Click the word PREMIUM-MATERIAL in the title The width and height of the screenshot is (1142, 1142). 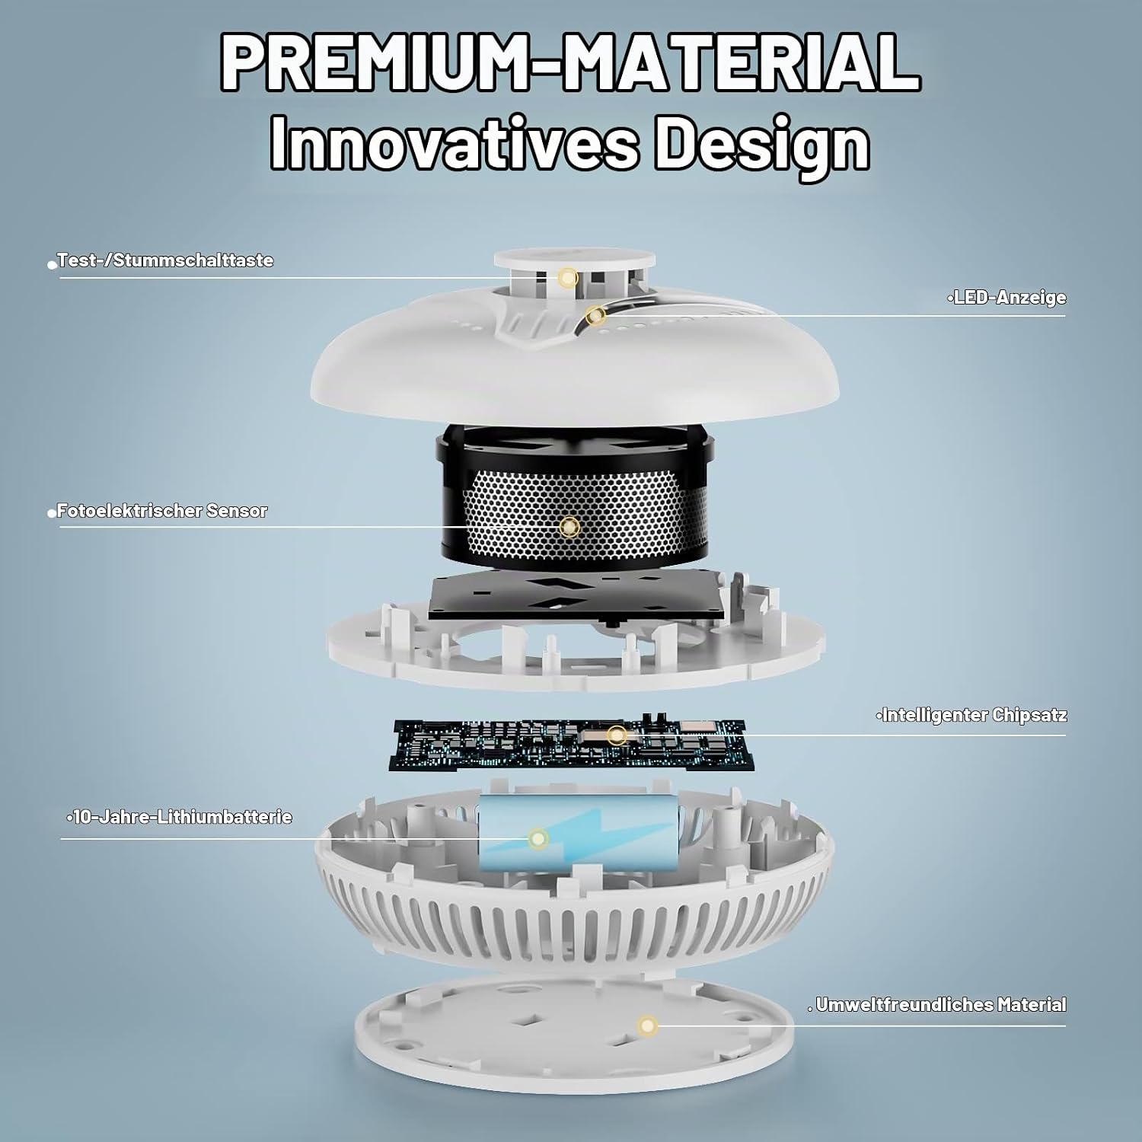pyautogui.click(x=570, y=64)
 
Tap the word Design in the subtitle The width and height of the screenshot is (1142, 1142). pyautogui.click(x=762, y=145)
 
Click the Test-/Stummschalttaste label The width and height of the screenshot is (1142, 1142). pyautogui.click(x=165, y=260)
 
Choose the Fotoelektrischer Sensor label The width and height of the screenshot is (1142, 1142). pyautogui.click(x=162, y=511)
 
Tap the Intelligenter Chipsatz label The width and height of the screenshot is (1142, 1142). pyautogui.click(x=974, y=716)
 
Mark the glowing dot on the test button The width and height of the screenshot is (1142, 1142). pyautogui.click(x=565, y=277)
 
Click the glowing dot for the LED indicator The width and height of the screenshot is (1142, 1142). pyautogui.click(x=595, y=314)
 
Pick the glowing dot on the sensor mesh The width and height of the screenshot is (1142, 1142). pyautogui.click(x=569, y=527)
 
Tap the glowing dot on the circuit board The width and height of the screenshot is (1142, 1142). pyautogui.click(x=617, y=735)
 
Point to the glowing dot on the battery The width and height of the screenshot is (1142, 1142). pyautogui.click(x=538, y=839)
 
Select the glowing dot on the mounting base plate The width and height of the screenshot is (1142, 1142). pyautogui.click(x=647, y=1026)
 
